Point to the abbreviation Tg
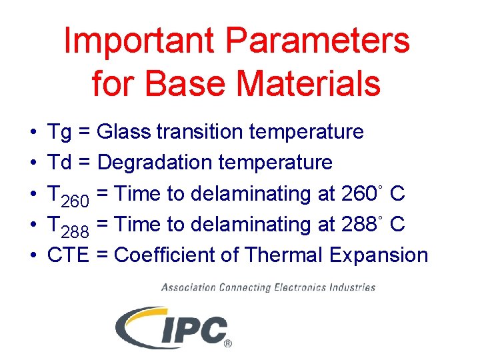(60, 133)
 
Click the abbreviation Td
(60, 163)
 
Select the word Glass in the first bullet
(124, 132)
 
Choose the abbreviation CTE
(68, 255)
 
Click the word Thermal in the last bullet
(280, 255)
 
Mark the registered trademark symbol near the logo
(228, 344)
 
